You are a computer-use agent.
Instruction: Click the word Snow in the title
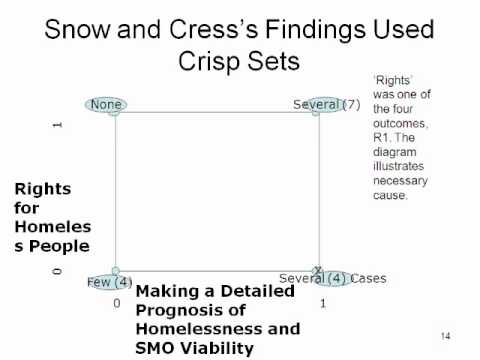click(77, 29)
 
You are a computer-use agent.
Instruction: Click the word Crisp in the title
click(209, 61)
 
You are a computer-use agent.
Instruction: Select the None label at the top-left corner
click(106, 104)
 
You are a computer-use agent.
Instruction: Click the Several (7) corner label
click(327, 105)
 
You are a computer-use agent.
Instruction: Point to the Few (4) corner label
click(110, 282)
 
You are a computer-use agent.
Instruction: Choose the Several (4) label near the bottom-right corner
click(313, 278)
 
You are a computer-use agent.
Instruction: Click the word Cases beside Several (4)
click(368, 278)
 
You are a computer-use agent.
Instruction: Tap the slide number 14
click(446, 336)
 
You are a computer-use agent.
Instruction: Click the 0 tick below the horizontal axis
click(117, 303)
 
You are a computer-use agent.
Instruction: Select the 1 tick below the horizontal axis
click(323, 304)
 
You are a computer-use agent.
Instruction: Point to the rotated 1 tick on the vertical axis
click(57, 125)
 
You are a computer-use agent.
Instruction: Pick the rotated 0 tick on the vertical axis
click(57, 271)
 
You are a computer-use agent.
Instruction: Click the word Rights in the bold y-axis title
click(43, 189)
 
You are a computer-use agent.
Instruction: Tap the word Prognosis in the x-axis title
click(191, 311)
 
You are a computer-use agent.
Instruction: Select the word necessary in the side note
click(400, 181)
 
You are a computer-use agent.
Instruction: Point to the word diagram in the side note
click(395, 152)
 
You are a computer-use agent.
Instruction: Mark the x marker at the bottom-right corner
click(318, 269)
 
